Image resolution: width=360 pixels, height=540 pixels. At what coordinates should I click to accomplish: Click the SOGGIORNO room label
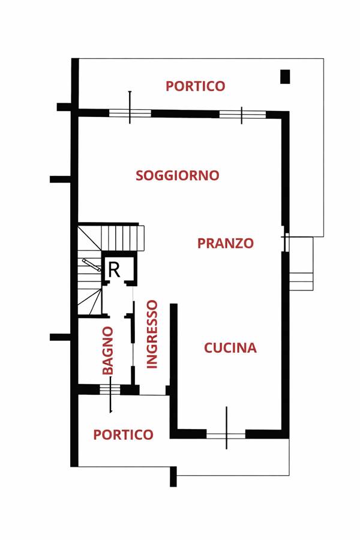click(x=178, y=175)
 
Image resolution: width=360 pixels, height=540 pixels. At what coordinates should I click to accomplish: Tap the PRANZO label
click(x=226, y=243)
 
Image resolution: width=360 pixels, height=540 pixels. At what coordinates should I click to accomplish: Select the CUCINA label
click(x=230, y=348)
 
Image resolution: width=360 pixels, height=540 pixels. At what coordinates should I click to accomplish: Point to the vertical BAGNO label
click(x=108, y=350)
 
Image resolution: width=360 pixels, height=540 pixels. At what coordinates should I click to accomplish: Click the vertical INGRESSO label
click(x=152, y=334)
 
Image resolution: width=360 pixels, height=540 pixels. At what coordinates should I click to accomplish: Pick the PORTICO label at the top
click(x=196, y=86)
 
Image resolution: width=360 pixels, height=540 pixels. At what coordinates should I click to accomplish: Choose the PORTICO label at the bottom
click(x=123, y=434)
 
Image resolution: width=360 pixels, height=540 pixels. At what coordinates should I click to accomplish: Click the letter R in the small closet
click(x=114, y=270)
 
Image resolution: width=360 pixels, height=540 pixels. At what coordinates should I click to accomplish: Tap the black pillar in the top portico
click(x=285, y=76)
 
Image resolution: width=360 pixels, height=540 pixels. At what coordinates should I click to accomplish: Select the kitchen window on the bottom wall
click(x=226, y=434)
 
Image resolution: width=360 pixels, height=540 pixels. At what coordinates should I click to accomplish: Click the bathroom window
click(x=110, y=389)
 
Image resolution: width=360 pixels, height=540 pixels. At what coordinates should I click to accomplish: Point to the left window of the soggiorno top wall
click(x=130, y=113)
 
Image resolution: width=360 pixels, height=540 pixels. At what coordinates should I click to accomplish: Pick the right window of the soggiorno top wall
click(x=242, y=115)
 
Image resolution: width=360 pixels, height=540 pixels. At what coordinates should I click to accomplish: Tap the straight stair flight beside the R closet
click(x=122, y=238)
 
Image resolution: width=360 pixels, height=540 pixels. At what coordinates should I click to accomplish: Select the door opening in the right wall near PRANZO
click(x=285, y=239)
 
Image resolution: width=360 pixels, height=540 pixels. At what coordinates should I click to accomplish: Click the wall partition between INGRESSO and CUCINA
click(x=174, y=368)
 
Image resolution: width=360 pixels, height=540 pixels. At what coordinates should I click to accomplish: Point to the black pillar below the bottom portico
click(x=173, y=476)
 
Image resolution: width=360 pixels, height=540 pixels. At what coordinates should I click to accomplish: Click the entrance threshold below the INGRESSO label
click(x=152, y=395)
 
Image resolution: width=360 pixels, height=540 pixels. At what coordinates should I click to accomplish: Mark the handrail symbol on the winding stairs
click(x=92, y=265)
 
